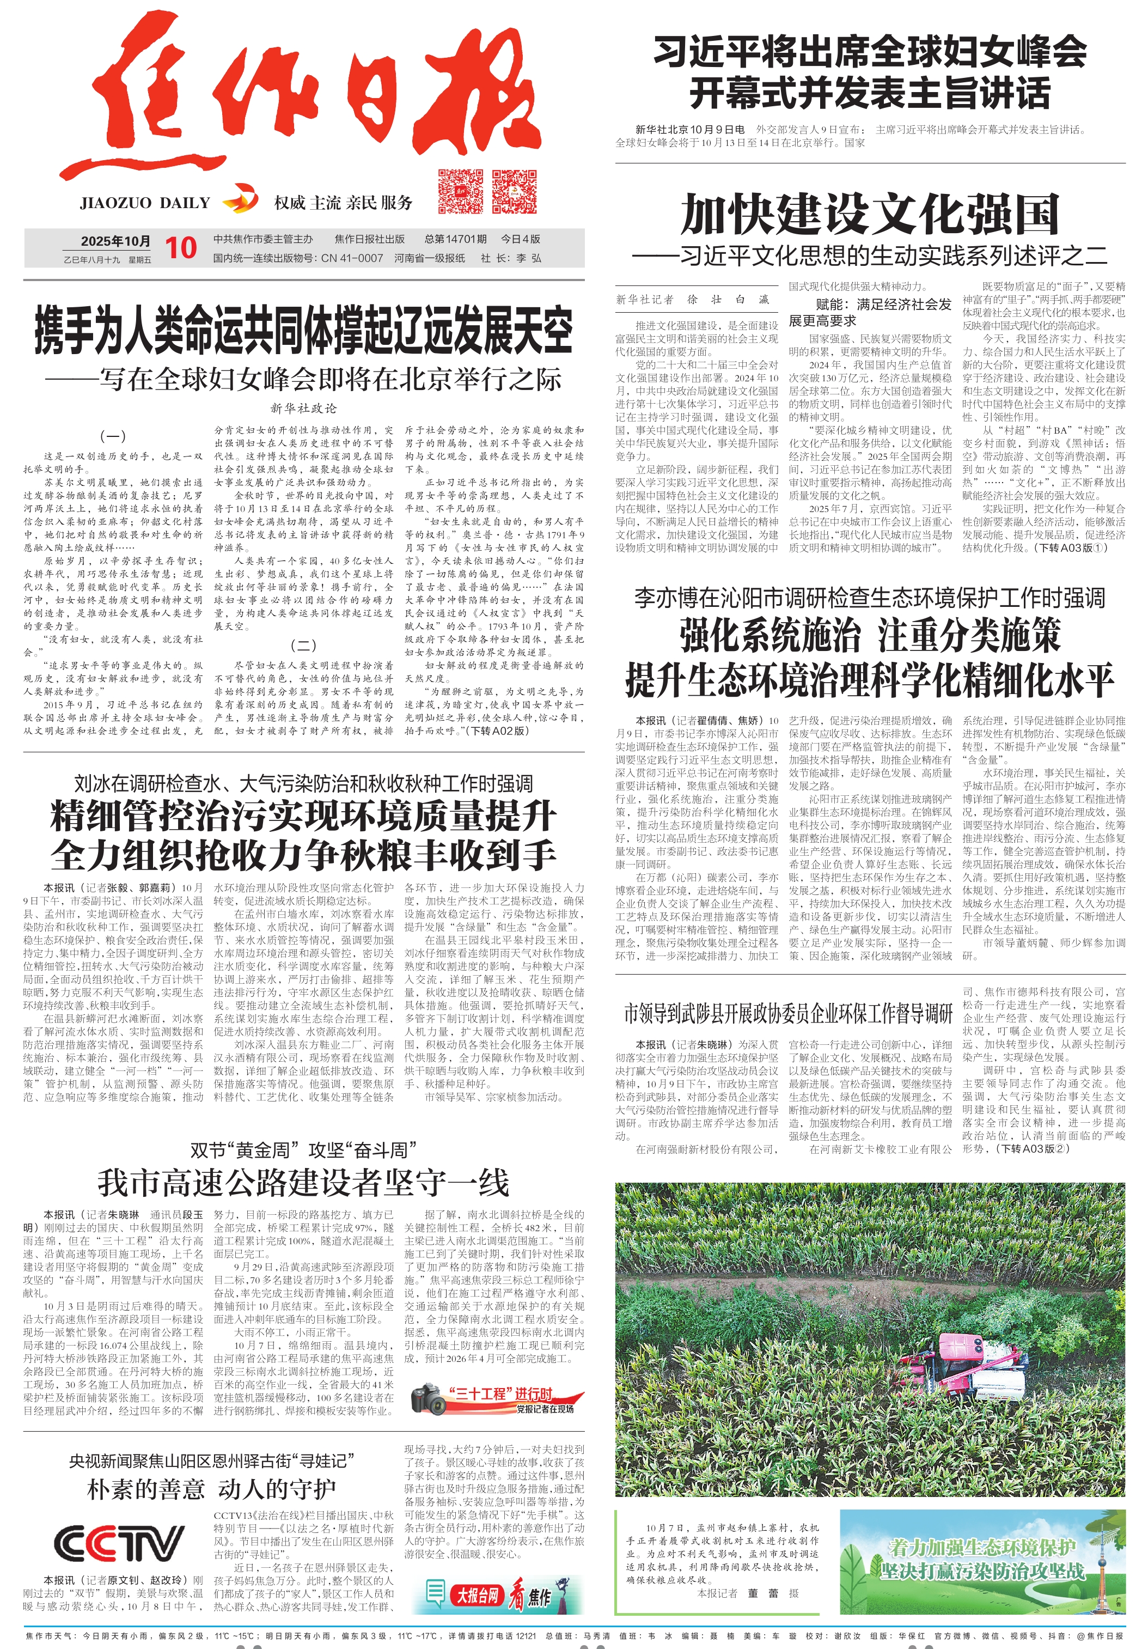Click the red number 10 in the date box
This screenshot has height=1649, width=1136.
pos(181,248)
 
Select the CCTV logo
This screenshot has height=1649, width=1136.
pos(119,1544)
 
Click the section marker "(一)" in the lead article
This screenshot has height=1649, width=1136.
pos(113,436)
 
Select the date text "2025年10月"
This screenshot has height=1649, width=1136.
pos(115,241)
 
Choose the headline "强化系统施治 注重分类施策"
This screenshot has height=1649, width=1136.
pos(870,636)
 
